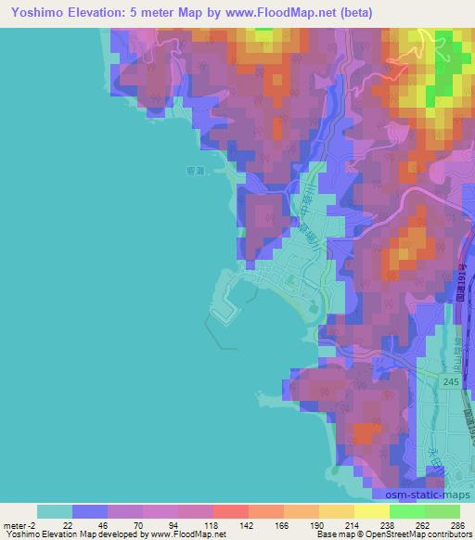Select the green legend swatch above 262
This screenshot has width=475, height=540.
pyautogui.click(x=407, y=511)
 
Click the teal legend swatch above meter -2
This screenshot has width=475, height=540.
pyautogui.click(x=55, y=511)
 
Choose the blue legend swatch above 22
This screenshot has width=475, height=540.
pyautogui.click(x=90, y=511)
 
